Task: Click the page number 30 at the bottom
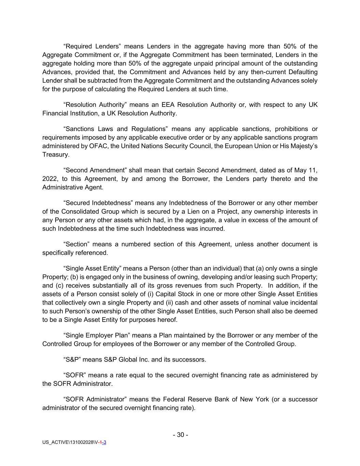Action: [x=180, y=435]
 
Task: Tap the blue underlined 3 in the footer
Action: [x=105, y=442]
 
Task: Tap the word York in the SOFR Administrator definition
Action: [x=261, y=399]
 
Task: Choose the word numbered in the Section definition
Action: [x=135, y=244]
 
